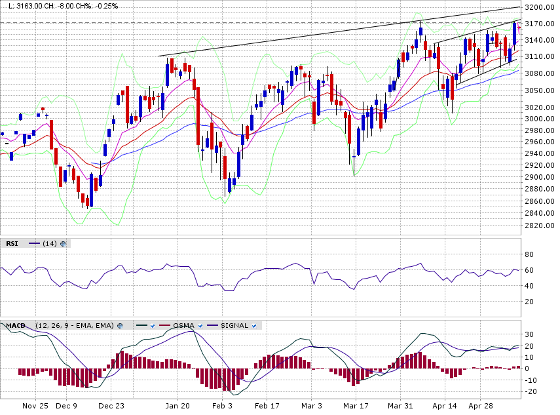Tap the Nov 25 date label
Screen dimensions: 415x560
(x=35, y=406)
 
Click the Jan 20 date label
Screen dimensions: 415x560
(x=177, y=406)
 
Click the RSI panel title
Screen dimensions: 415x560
(x=12, y=243)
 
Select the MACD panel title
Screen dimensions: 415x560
(x=16, y=325)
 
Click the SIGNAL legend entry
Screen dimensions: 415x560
(x=234, y=325)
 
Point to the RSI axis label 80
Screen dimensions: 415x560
(x=529, y=254)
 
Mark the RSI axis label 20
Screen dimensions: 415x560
(x=529, y=302)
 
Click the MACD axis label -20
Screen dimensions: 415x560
(x=531, y=391)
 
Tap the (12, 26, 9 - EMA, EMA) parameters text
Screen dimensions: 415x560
(x=75, y=325)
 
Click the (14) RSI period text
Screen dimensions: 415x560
(x=49, y=243)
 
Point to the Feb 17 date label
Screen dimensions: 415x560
(x=267, y=406)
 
